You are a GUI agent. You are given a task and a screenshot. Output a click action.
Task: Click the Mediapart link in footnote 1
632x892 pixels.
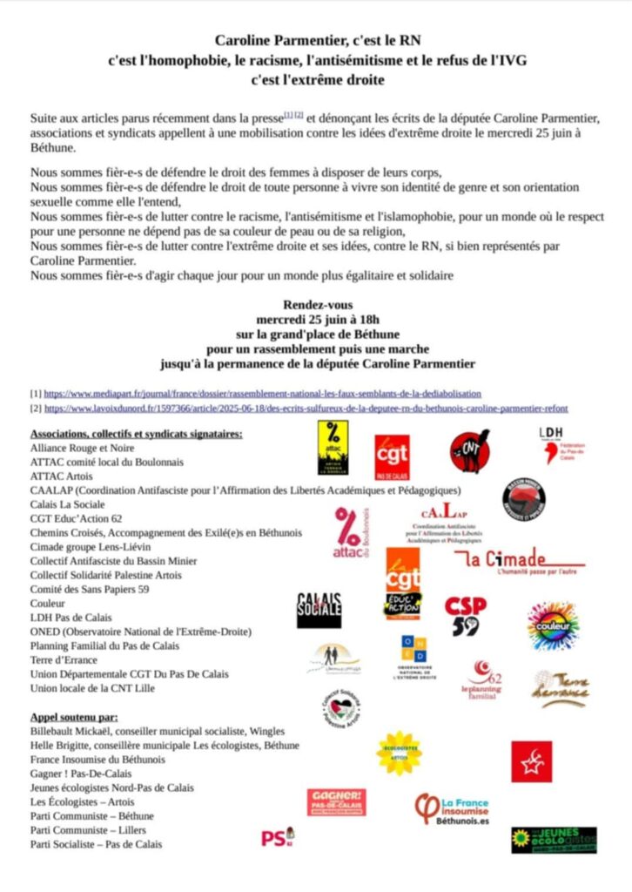(262, 394)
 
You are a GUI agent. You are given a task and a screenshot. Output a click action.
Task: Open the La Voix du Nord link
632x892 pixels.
(306, 408)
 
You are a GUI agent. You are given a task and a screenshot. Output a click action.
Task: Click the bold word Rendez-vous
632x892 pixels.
(318, 305)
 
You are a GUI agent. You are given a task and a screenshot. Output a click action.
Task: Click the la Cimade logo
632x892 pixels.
(523, 562)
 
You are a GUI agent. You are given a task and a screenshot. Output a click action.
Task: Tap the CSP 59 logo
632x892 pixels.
(467, 615)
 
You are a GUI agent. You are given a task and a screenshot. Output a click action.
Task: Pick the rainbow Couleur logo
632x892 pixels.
(552, 625)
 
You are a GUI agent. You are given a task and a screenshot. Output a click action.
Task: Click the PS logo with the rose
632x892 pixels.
(278, 837)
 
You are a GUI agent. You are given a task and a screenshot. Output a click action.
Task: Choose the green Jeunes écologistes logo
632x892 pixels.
(553, 840)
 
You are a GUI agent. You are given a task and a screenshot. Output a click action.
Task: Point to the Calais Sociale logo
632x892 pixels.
(319, 610)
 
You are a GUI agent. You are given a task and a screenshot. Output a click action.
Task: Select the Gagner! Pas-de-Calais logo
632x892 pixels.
(336, 801)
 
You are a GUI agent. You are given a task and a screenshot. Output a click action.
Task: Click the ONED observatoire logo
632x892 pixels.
(413, 657)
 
